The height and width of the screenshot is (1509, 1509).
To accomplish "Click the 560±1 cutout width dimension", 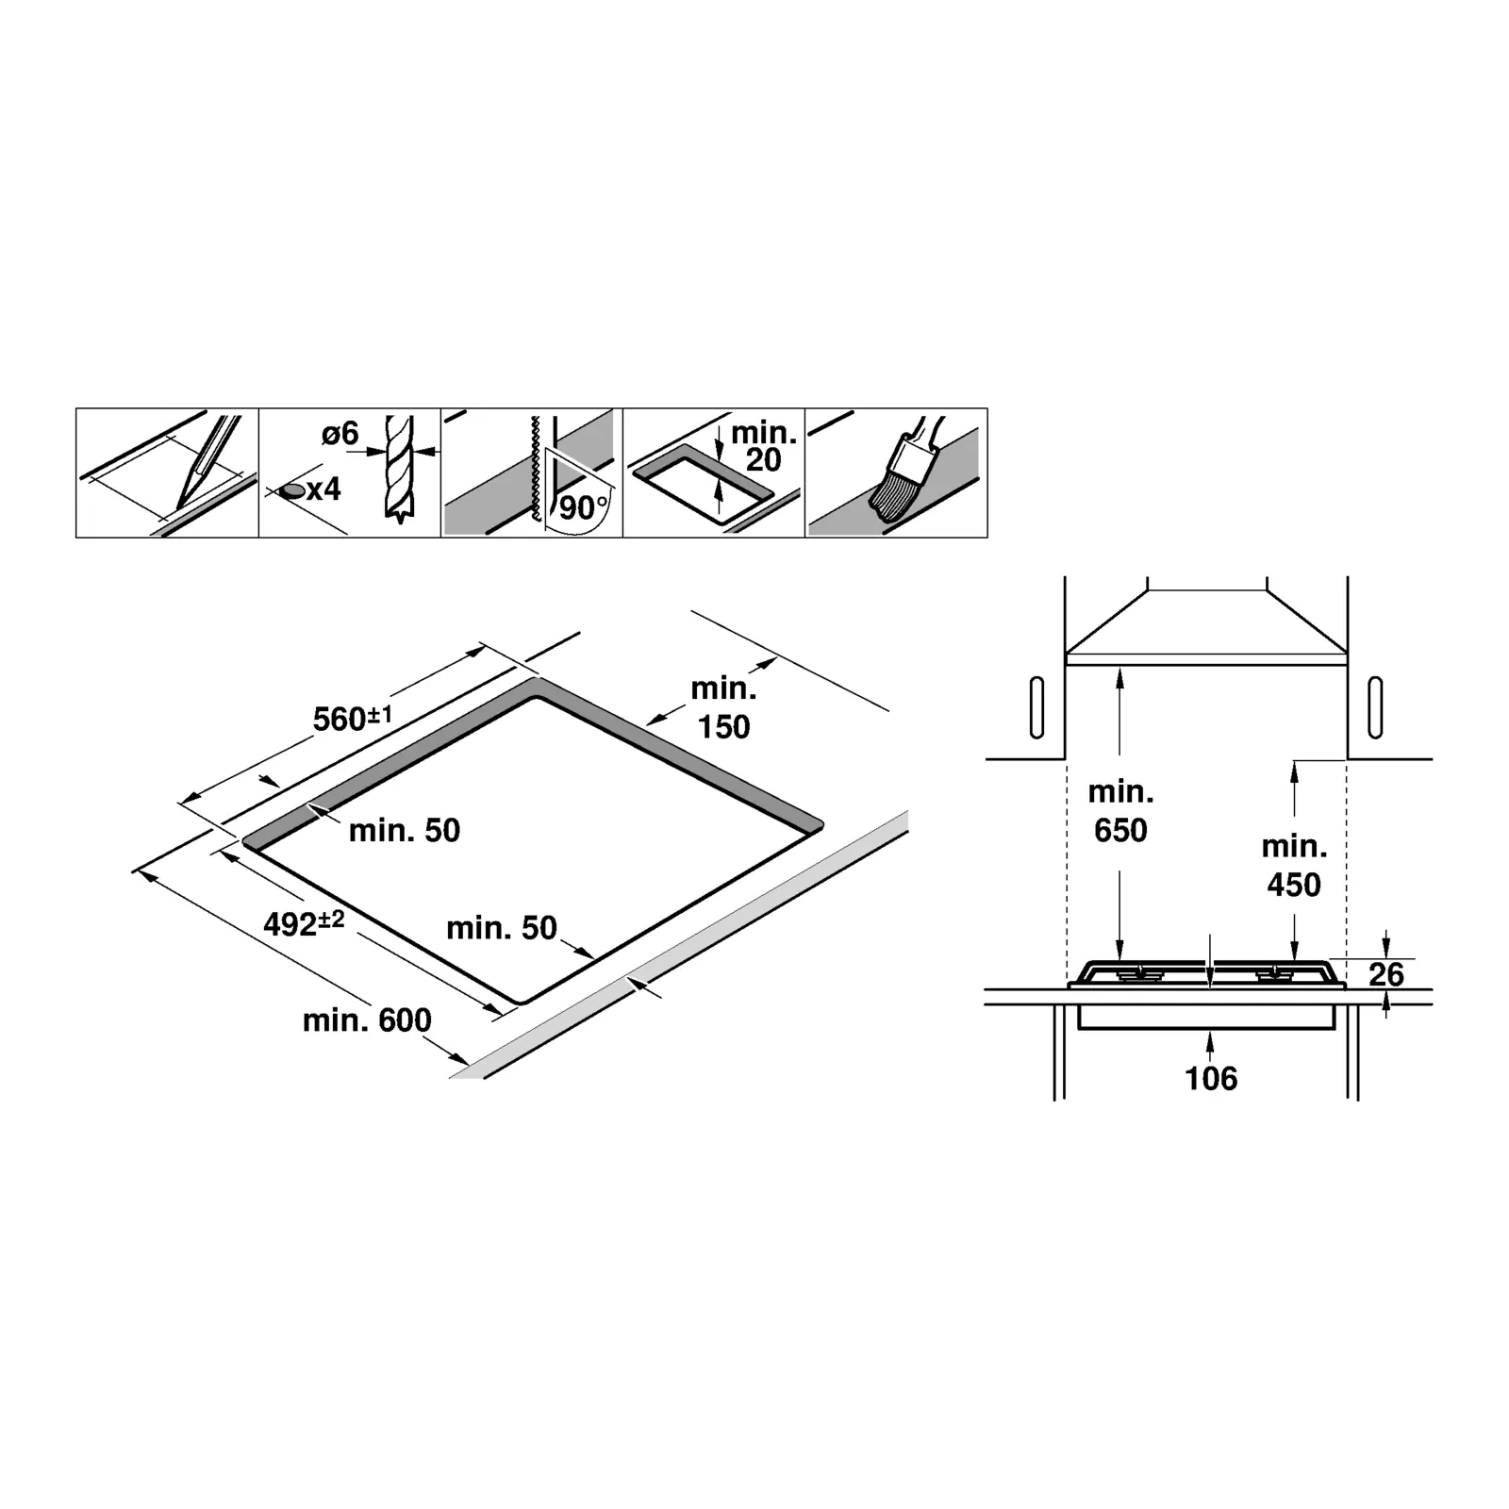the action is [x=352, y=719].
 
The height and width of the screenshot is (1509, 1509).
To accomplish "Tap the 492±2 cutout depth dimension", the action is [x=303, y=923].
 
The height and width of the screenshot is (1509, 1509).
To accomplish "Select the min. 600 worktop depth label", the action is [x=367, y=1020].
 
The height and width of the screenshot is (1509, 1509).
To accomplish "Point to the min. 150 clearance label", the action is [x=723, y=707].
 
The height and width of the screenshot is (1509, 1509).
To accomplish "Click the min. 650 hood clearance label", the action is [x=1120, y=810].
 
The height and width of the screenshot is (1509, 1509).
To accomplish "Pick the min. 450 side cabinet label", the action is [x=1294, y=865].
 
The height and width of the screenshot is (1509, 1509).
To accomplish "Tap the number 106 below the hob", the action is [x=1211, y=1078].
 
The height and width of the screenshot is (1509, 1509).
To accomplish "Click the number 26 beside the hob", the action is [x=1386, y=974].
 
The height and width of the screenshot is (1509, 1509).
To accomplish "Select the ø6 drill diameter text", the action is [x=340, y=434].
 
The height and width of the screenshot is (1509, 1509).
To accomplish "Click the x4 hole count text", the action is [x=323, y=489].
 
